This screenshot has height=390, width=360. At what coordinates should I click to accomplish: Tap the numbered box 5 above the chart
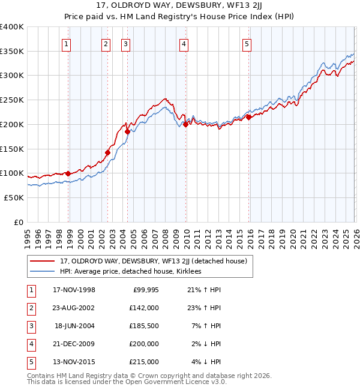tap(247, 43)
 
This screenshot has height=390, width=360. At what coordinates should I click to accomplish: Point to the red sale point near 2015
tap(248, 117)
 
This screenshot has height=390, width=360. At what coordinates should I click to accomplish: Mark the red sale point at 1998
tap(68, 173)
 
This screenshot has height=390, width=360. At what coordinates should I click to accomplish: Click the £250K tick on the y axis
tap(12, 100)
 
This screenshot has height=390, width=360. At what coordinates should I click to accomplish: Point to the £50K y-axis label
tap(14, 197)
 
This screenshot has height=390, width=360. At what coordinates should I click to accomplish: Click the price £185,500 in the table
tap(144, 326)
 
